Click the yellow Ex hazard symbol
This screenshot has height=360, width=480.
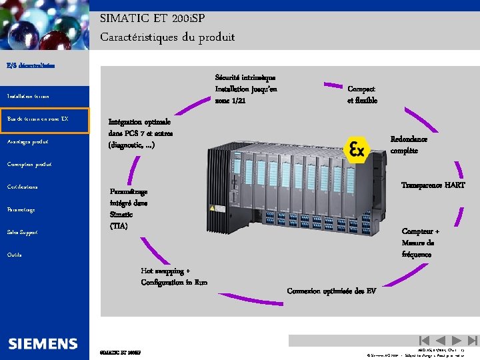coord(356,149)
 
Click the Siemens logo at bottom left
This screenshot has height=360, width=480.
coord(43,344)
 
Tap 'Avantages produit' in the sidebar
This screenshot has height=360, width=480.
coord(28,142)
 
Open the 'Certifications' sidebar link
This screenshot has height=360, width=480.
coord(23,187)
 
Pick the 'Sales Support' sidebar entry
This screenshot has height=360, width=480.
coord(23,233)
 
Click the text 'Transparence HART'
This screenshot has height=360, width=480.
coord(433,185)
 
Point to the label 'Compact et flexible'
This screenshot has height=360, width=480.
coord(362,95)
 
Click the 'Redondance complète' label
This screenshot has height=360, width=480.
coord(409,145)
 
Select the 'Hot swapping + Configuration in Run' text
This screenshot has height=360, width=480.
coord(174,277)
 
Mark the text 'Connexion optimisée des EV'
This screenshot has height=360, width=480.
coord(331,291)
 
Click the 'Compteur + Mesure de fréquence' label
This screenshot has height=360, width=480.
coord(420,243)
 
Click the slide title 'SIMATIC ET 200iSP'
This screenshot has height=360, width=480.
coord(153,20)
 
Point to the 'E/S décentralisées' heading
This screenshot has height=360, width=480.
coord(31,65)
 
